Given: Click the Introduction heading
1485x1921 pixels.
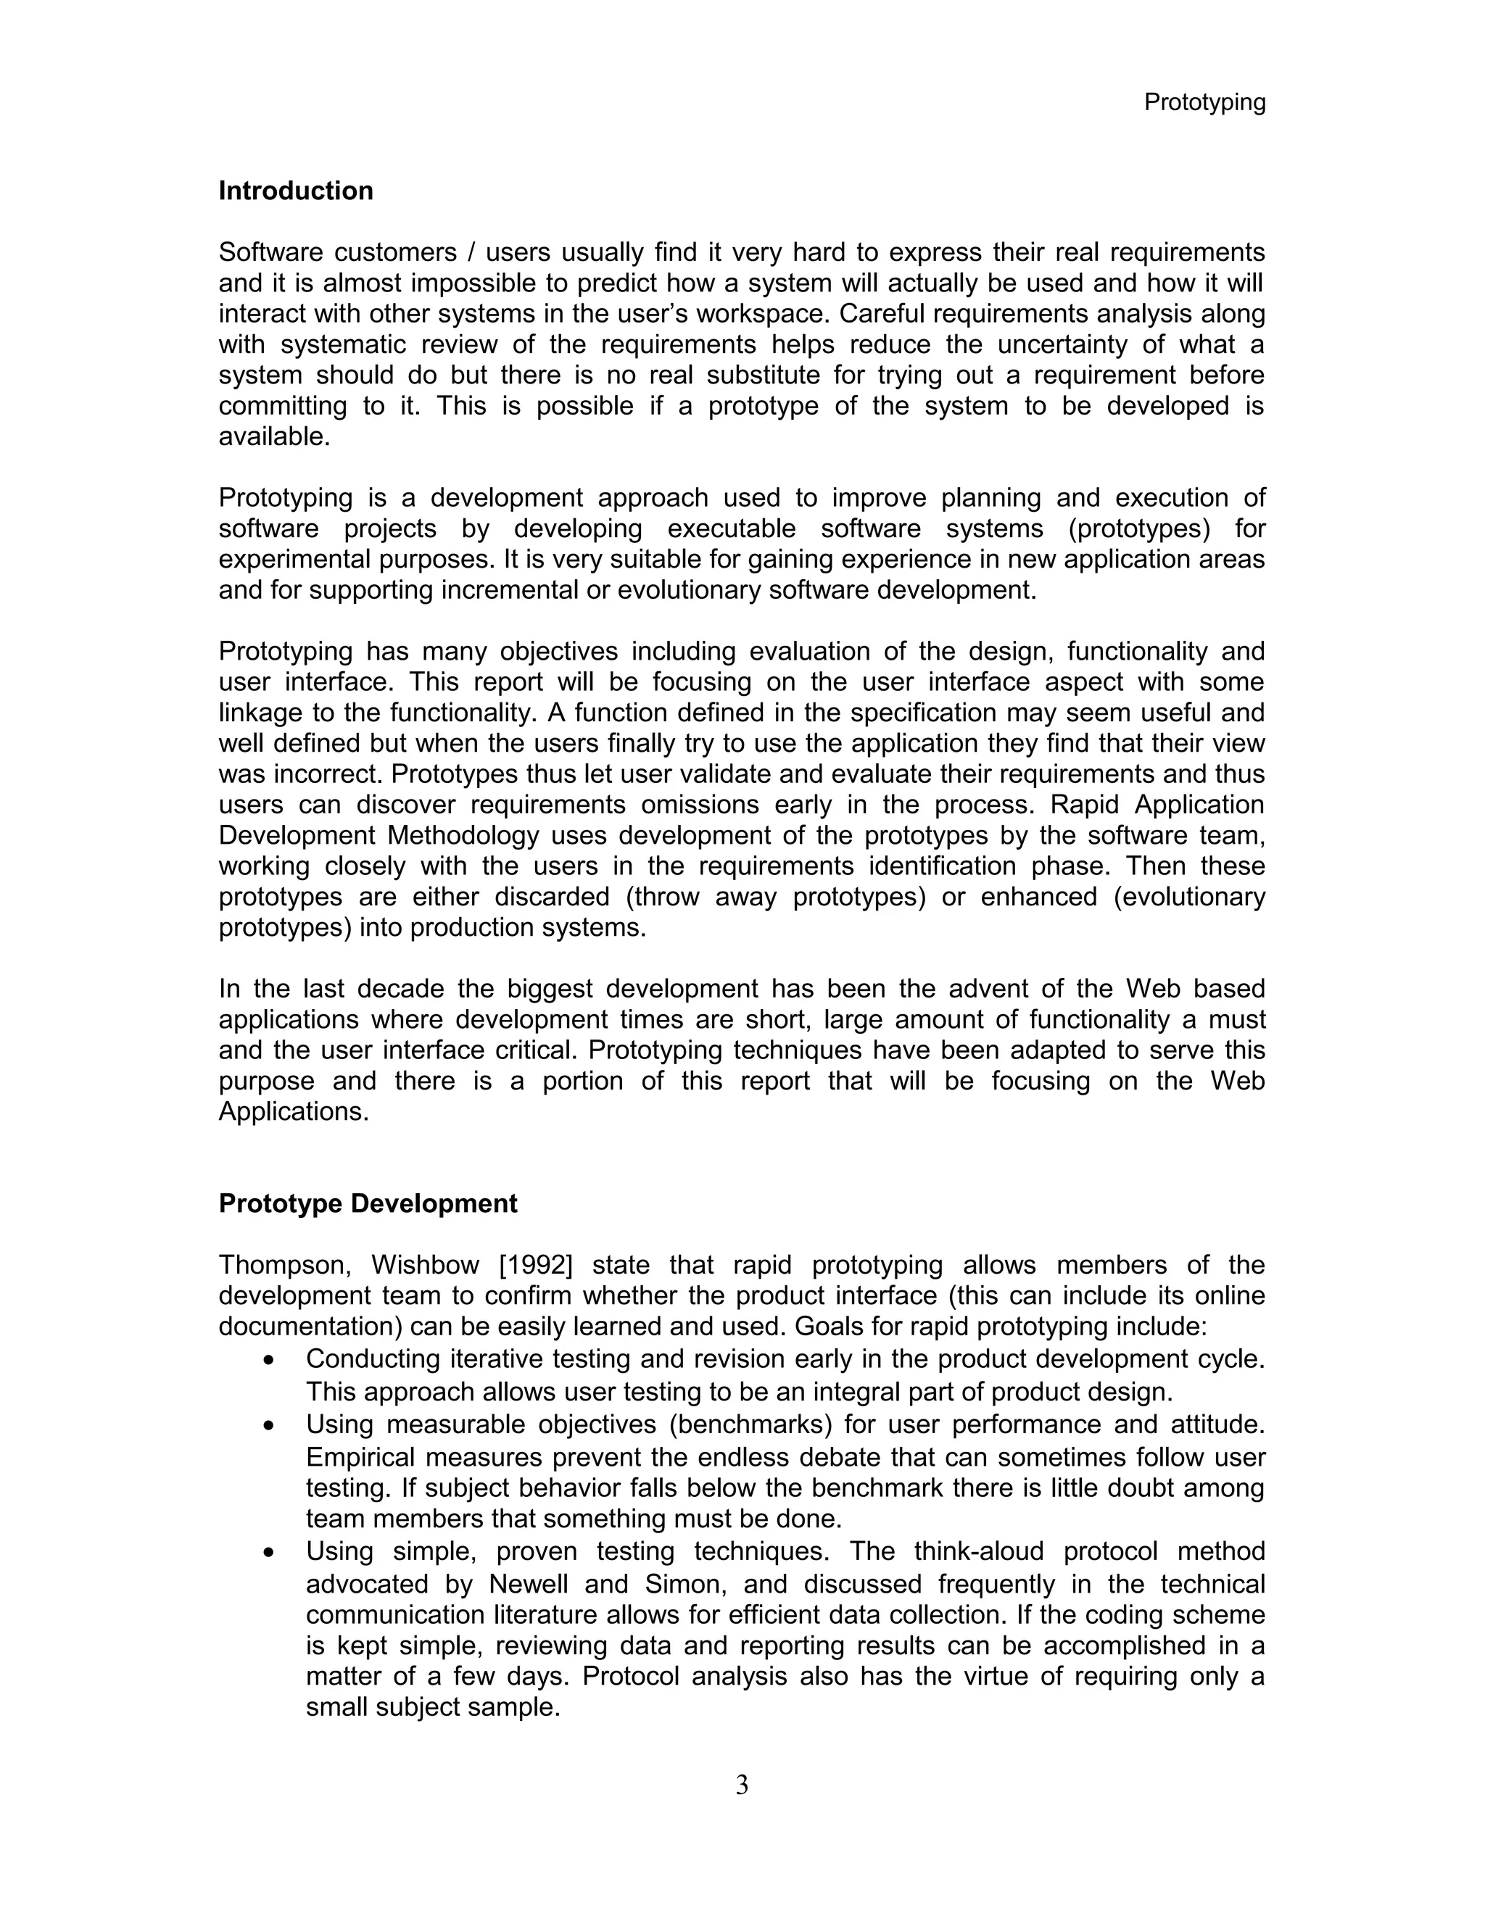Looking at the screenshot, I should [296, 191].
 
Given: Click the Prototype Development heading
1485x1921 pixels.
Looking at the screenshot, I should [368, 1203].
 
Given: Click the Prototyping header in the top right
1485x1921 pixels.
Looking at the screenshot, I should [1204, 103].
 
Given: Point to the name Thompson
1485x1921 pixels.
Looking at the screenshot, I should [285, 1265].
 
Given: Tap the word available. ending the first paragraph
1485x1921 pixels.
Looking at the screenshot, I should [275, 437].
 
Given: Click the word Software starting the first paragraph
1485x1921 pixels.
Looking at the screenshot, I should [271, 252].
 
